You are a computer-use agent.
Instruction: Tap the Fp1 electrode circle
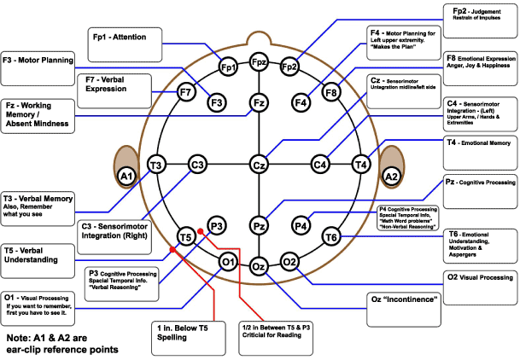(228, 67)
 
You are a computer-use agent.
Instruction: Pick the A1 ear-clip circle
(126, 176)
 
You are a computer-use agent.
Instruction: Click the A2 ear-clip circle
(392, 176)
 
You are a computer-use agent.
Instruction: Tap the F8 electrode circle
(331, 91)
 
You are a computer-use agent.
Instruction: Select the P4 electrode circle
(301, 226)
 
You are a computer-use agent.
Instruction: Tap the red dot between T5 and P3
(200, 230)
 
